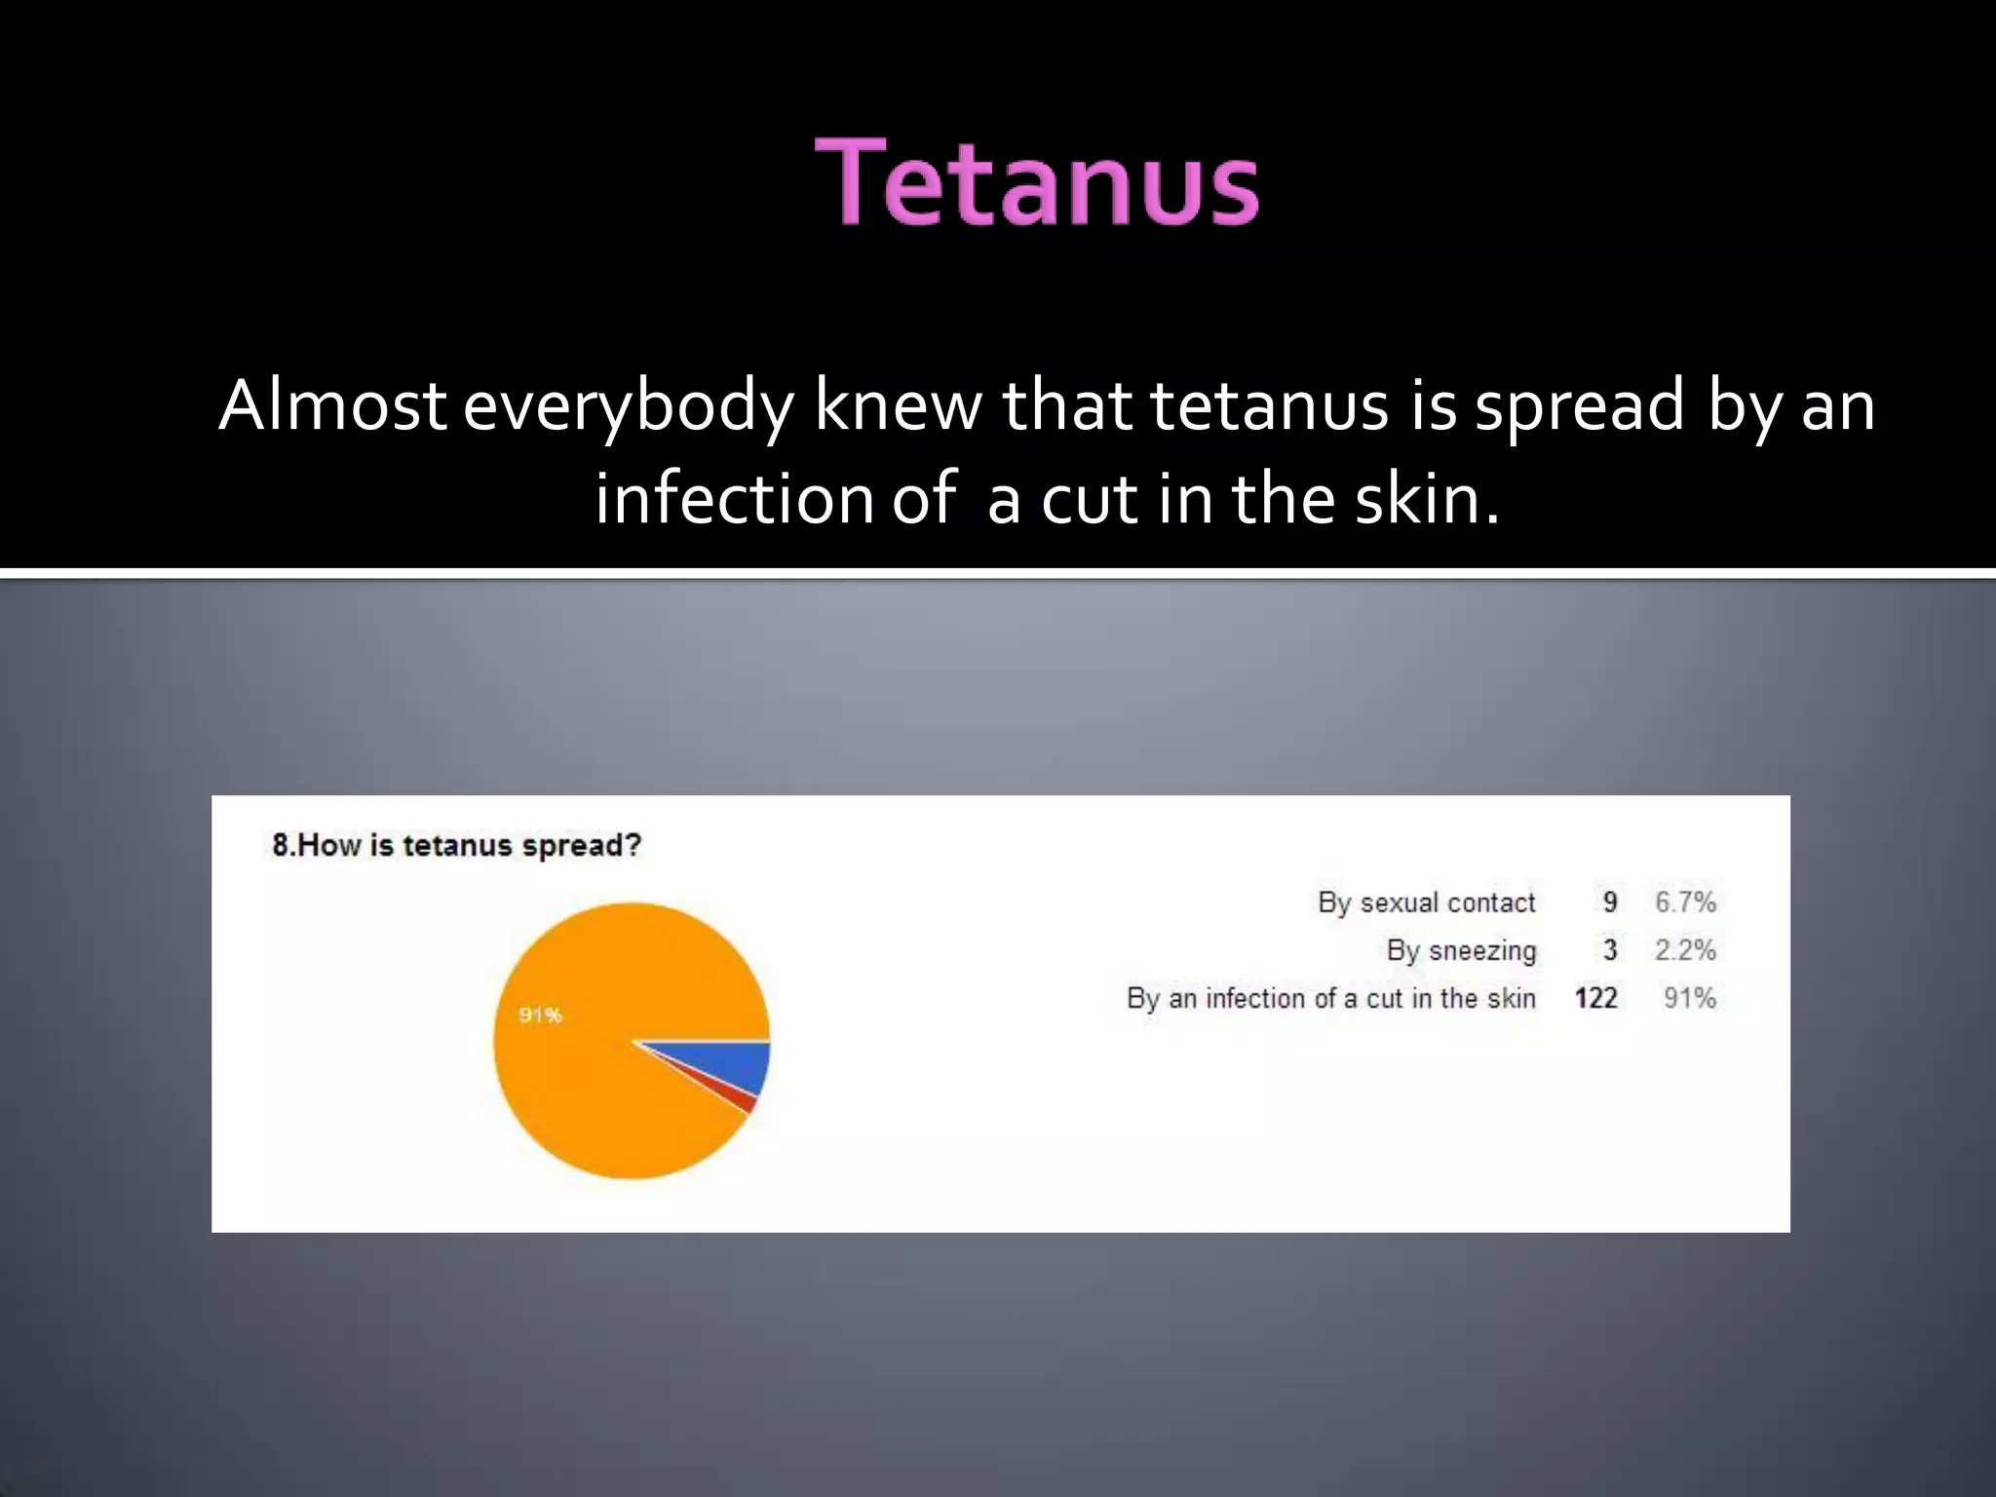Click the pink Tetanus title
click(1036, 183)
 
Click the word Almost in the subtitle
click(332, 405)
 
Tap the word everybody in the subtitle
click(628, 407)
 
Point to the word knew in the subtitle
click(898, 405)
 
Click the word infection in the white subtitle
click(734, 499)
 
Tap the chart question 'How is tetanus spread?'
click(457, 845)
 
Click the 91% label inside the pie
click(540, 1016)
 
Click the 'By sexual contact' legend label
click(1426, 902)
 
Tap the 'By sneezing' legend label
click(1461, 950)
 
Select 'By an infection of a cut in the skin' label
click(1330, 998)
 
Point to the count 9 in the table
click(1609, 902)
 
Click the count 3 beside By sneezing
click(1609, 950)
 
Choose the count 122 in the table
click(1595, 998)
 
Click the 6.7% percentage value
click(1685, 902)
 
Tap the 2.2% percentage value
click(1685, 950)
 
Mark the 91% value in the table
click(1689, 998)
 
